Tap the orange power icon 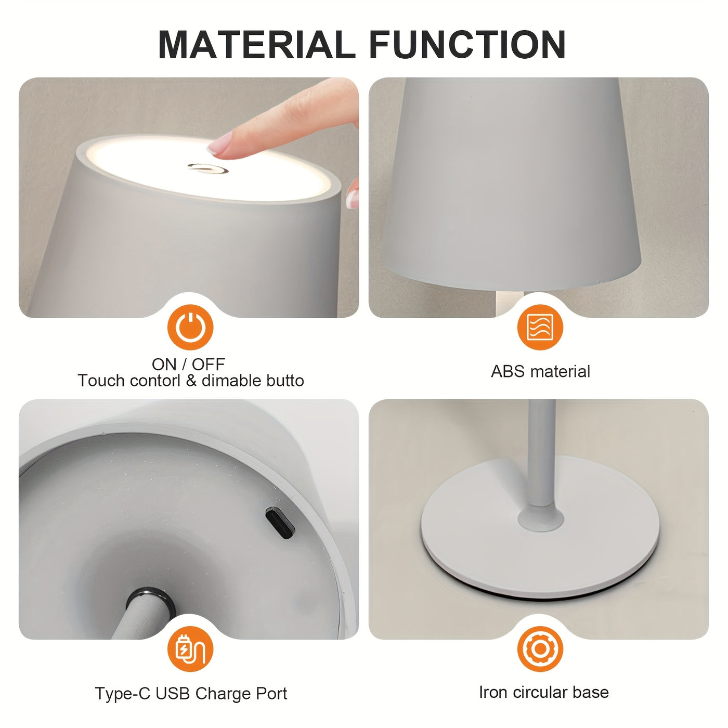190,328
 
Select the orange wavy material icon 540,328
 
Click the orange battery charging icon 190,649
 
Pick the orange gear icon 540,649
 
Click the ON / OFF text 188,364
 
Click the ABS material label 540,371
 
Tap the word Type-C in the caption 123,693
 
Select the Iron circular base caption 543,692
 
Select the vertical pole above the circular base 541,452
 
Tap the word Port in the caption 271,693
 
